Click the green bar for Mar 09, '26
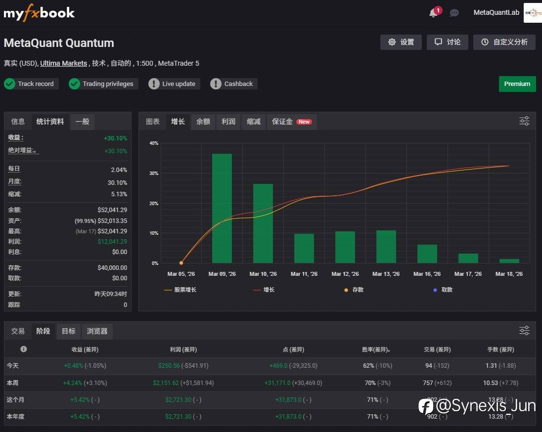[x=222, y=208]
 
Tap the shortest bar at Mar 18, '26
[x=509, y=261]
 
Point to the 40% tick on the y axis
[x=154, y=143]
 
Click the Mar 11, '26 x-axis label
[x=304, y=274]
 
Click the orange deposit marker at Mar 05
[x=181, y=263]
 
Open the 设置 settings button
[x=401, y=42]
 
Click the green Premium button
[x=517, y=84]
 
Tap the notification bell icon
[x=433, y=13]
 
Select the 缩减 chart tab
[x=253, y=122]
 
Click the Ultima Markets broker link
[x=63, y=63]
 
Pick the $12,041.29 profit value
[x=112, y=242]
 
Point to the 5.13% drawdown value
[x=119, y=194]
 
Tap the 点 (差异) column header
[x=296, y=349]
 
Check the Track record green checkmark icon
[x=9, y=84]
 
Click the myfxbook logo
[x=39, y=12]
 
